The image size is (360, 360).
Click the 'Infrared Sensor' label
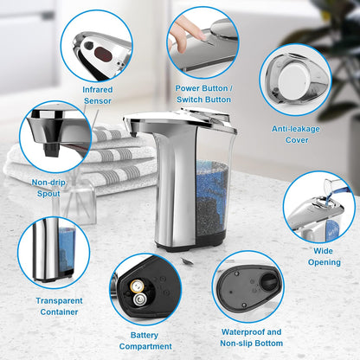point(97,94)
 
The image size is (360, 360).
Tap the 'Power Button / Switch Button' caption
point(203,93)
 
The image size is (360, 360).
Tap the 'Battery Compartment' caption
point(145,339)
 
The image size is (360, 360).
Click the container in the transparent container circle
point(52,251)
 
